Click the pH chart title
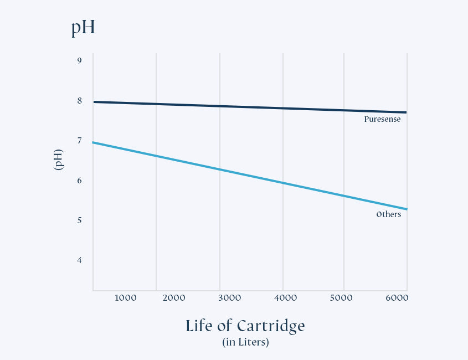[x=83, y=28]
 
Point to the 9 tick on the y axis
[x=80, y=60]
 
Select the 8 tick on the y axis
[x=80, y=100]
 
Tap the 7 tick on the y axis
[x=80, y=141]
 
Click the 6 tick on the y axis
[x=80, y=181]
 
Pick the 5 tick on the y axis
[x=80, y=220]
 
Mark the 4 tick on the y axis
[x=80, y=260]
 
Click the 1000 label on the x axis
[x=125, y=298]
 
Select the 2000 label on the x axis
[x=174, y=298]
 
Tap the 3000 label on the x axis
[x=230, y=298]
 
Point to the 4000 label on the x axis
[x=286, y=298]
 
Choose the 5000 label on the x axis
[x=341, y=298]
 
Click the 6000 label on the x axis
[x=397, y=298]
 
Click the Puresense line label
[x=382, y=119]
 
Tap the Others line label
[x=388, y=214]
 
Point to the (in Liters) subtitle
[x=245, y=342]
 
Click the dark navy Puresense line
[x=249, y=107]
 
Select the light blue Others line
[x=249, y=174]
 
